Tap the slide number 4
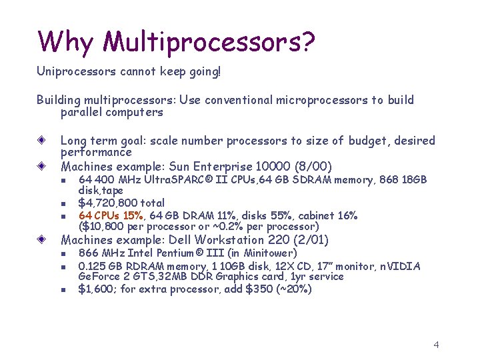[436, 345]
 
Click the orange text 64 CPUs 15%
[111, 215]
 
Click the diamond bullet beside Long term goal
[41, 141]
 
